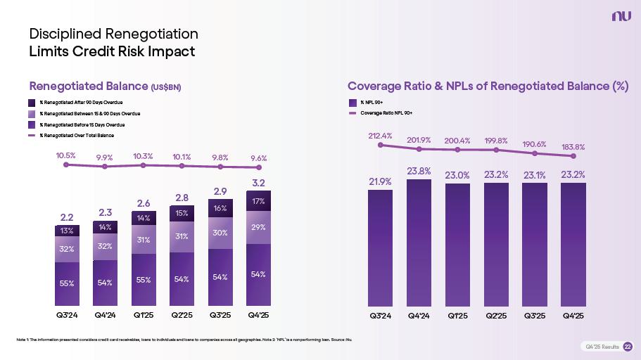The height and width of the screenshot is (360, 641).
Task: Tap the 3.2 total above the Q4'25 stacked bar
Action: [258, 183]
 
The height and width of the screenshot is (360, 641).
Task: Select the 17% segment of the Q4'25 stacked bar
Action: [258, 202]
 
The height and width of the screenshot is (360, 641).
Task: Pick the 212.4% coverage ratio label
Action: [380, 136]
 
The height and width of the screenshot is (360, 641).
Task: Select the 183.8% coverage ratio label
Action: [573, 147]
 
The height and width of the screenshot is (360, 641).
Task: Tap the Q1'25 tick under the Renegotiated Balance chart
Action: [143, 316]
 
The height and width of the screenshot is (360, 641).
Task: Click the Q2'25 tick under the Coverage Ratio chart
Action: [496, 316]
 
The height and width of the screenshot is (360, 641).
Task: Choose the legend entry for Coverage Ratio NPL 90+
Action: [386, 112]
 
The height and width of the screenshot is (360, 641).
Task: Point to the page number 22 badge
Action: [628, 347]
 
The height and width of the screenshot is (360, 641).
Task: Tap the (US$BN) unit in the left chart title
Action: [166, 87]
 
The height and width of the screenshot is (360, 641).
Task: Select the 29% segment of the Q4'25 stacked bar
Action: [258, 227]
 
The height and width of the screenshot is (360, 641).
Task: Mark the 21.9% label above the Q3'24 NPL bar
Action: [380, 181]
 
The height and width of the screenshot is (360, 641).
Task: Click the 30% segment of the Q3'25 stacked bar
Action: [220, 233]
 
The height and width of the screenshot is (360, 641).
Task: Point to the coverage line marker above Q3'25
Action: [535, 153]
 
